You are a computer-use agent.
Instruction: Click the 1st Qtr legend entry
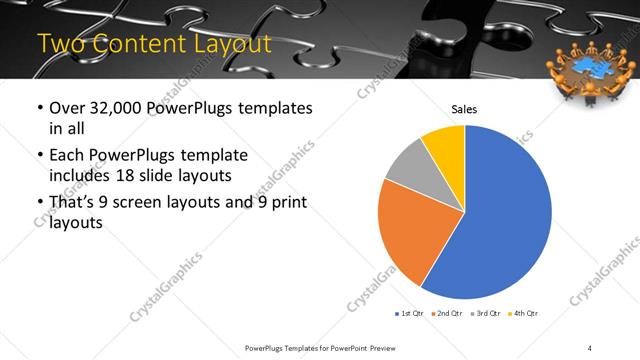(x=411, y=314)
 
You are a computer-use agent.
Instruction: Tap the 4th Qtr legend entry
(x=524, y=314)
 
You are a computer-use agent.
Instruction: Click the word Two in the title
(x=61, y=44)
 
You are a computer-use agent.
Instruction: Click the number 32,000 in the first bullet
(x=109, y=108)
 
